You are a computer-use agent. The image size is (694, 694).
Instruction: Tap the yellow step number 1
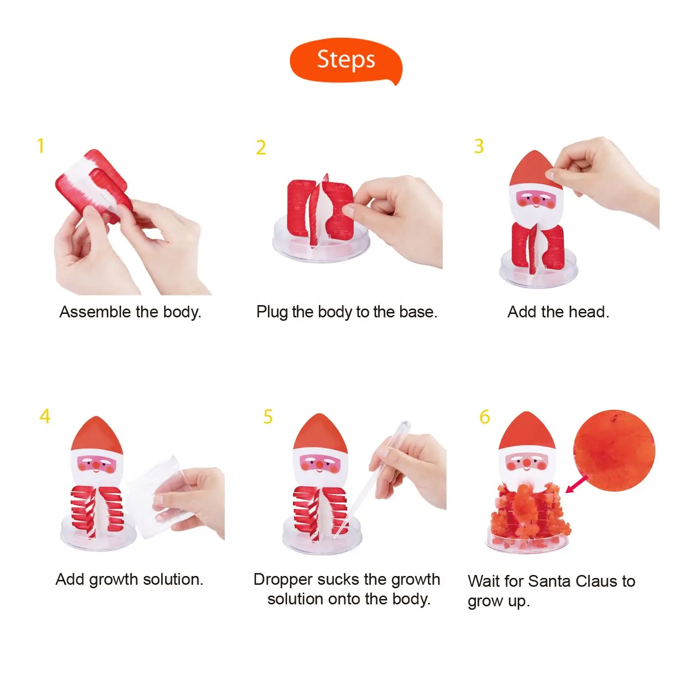tap(41, 146)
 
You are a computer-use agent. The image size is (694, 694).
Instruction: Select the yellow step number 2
tap(261, 147)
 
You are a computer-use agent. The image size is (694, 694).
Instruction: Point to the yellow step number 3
tap(479, 146)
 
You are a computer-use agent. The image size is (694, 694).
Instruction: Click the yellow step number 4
tap(45, 416)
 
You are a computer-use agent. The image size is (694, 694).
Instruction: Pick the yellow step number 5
tap(267, 417)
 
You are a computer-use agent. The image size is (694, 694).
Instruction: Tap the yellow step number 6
tap(484, 417)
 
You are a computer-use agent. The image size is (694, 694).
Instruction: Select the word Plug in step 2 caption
tap(272, 312)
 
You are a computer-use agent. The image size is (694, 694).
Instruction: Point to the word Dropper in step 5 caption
tap(283, 579)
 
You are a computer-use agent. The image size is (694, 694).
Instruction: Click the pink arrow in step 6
tap(576, 484)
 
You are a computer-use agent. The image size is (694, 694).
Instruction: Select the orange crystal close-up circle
tap(614, 450)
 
